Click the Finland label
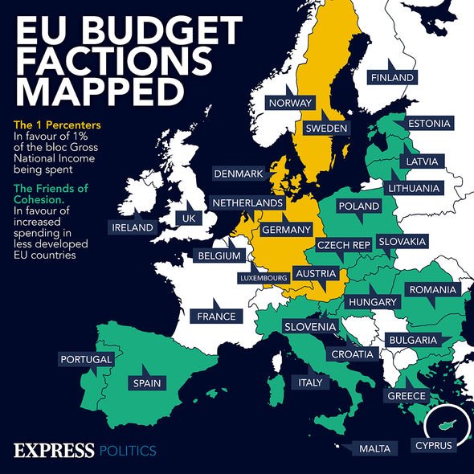click(x=392, y=77)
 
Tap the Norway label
click(x=290, y=103)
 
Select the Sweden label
click(x=325, y=129)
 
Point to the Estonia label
click(x=428, y=124)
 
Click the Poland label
click(x=358, y=206)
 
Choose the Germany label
click(x=286, y=230)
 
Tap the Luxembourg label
click(x=264, y=278)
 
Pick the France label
click(x=216, y=317)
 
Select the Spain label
click(x=147, y=383)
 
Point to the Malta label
click(x=374, y=447)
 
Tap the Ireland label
click(x=133, y=227)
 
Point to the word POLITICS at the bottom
click(x=127, y=451)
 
